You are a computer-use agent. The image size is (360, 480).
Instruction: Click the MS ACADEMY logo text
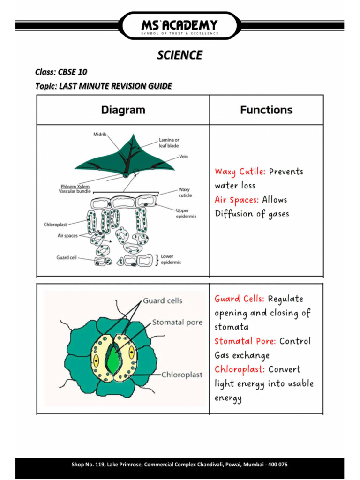(x=180, y=24)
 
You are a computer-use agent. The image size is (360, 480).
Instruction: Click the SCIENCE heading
(x=180, y=55)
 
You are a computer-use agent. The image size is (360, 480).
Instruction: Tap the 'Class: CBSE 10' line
(x=61, y=72)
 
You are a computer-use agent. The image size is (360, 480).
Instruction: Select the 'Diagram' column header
(x=123, y=110)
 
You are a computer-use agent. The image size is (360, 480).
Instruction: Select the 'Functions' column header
(x=266, y=110)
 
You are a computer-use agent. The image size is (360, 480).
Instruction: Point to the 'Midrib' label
(x=99, y=135)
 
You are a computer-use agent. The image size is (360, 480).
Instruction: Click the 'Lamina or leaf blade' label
(x=169, y=142)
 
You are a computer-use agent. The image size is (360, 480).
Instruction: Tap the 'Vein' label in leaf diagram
(x=183, y=157)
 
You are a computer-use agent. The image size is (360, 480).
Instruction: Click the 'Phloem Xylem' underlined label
(x=75, y=186)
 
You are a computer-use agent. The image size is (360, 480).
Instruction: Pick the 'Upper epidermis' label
(x=186, y=213)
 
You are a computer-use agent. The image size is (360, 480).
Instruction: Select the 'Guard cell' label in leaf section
(x=66, y=257)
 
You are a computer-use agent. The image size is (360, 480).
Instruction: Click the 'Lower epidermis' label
(x=171, y=259)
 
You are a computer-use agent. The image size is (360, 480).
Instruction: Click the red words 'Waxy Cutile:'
(x=240, y=172)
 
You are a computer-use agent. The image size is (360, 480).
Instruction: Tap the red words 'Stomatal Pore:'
(x=246, y=341)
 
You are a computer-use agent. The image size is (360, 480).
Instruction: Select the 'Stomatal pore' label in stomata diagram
(x=177, y=322)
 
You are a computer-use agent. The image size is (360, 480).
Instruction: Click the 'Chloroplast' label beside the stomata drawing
(x=182, y=375)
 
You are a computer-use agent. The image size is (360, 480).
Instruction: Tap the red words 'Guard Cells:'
(x=240, y=299)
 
